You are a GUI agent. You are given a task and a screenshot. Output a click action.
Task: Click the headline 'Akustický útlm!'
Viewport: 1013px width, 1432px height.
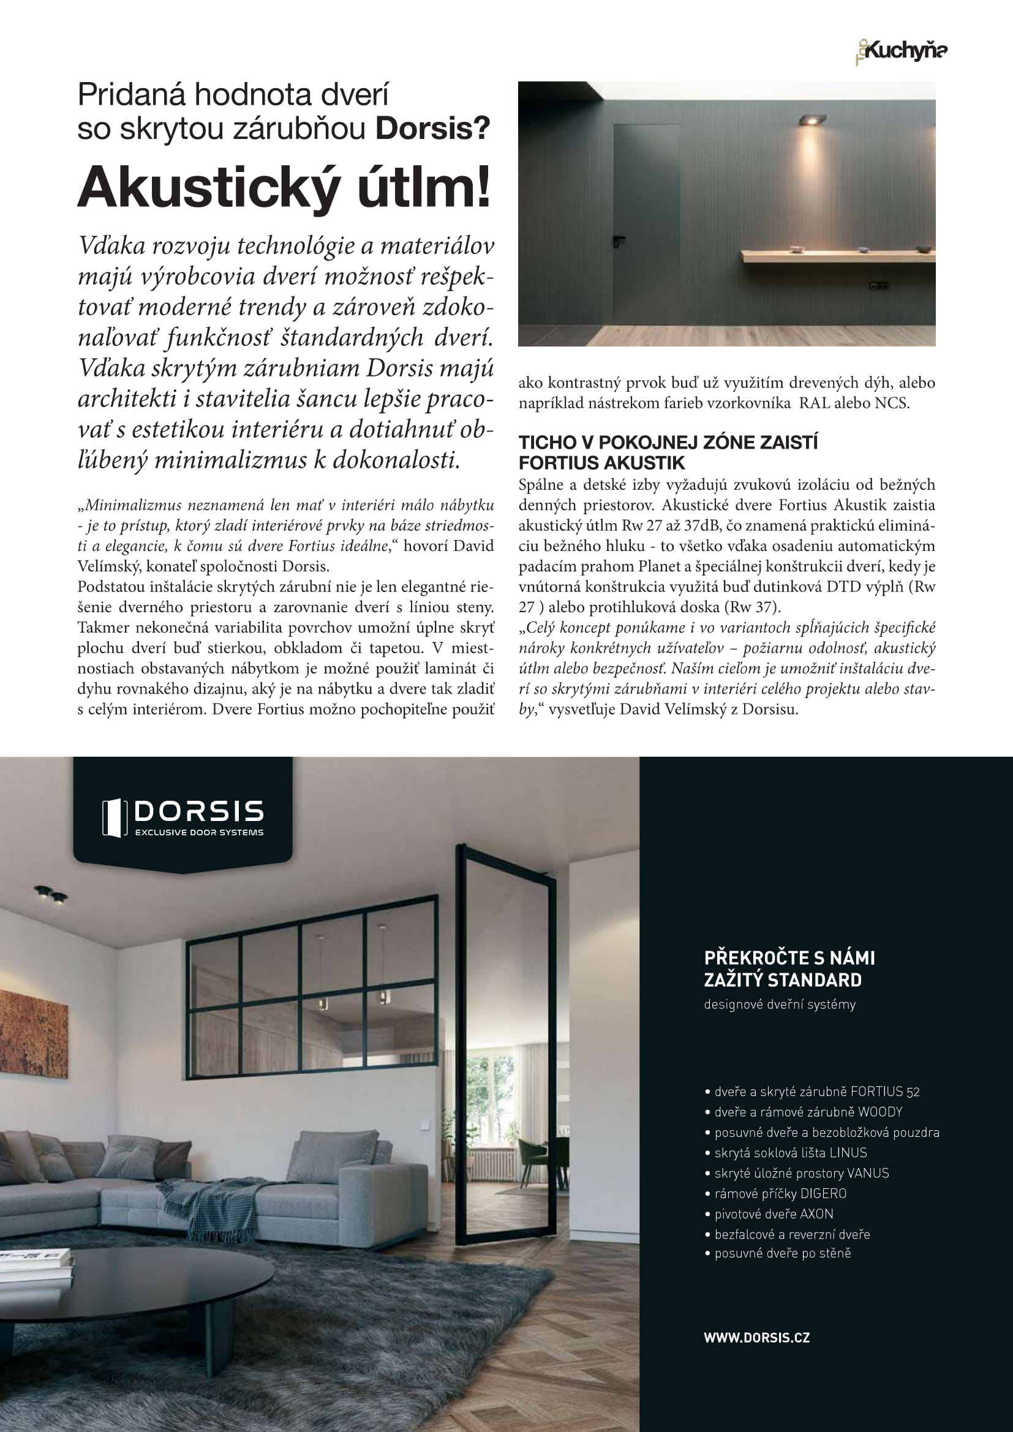click(x=284, y=187)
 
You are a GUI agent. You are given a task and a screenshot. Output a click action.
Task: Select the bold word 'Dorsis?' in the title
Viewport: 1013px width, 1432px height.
click(x=432, y=129)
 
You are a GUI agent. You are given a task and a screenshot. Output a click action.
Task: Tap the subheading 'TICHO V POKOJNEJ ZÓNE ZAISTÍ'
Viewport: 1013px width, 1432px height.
click(x=668, y=442)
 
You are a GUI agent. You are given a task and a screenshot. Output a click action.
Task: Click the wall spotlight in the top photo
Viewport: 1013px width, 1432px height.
click(x=812, y=119)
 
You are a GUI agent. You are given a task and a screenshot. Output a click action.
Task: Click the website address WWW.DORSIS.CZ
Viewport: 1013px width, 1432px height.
click(x=756, y=1337)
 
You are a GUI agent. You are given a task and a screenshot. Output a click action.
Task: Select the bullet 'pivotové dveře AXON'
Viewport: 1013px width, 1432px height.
click(x=773, y=1213)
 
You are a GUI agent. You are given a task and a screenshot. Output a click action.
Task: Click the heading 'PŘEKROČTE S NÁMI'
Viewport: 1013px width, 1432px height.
click(x=789, y=958)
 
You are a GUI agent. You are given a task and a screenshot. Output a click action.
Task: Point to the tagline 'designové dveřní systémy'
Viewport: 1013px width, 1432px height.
click(x=779, y=1004)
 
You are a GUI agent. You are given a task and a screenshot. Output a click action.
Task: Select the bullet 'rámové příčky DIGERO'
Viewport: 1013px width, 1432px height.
click(x=780, y=1193)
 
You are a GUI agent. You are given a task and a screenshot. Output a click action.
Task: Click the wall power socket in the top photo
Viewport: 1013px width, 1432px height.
click(x=878, y=286)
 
